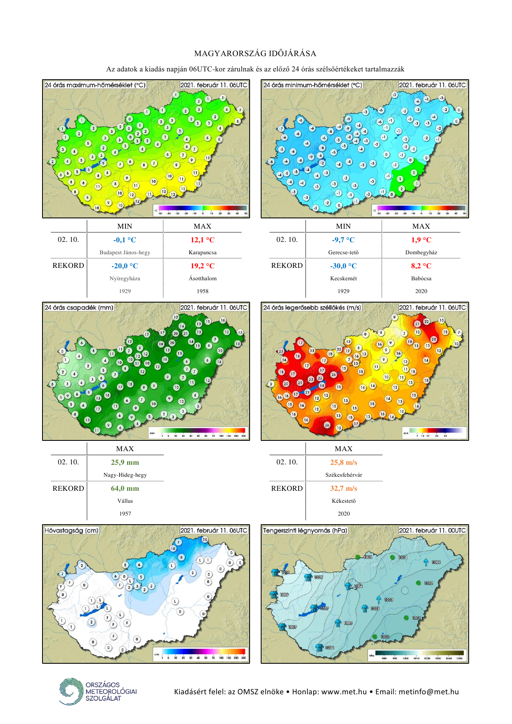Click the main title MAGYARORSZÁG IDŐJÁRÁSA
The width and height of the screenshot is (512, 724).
coord(255,54)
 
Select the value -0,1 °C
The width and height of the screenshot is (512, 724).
coord(125,240)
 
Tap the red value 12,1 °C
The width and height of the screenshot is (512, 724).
coord(202,240)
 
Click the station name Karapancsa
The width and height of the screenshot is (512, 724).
coord(203,253)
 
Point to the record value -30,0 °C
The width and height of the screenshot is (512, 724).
coord(343,266)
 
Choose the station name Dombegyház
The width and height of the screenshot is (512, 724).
coord(421,253)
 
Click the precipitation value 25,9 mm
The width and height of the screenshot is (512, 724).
coord(125,462)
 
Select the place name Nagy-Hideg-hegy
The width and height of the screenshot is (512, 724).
coord(125,475)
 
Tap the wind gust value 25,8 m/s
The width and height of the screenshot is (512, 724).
coord(343,462)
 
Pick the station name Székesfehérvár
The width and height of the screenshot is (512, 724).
coord(344,475)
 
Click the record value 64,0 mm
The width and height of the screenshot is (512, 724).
coord(125,488)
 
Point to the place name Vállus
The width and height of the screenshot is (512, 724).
coord(125,501)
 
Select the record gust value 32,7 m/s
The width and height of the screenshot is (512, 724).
coord(343,488)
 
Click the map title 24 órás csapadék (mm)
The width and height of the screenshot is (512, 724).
coord(79,308)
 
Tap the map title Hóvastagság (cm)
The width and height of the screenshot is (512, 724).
coord(72,530)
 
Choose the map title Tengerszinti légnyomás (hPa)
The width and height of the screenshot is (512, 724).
coord(305,530)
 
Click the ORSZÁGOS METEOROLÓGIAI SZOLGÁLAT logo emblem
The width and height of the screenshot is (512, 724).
coord(71,691)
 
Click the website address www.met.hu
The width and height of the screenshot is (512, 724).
coord(344,692)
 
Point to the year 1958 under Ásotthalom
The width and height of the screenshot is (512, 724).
coord(203,291)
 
